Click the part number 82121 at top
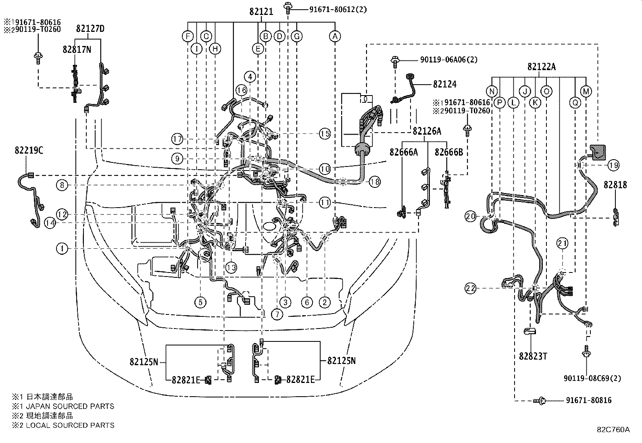pos(261,12)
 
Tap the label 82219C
pos(29,150)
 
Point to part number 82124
pos(444,84)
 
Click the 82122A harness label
pos(541,67)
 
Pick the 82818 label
pos(615,185)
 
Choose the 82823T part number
pos(533,356)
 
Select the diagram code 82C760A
pos(613,429)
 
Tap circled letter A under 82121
pos(335,37)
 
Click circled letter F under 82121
pos(188,37)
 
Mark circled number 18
pos(375,182)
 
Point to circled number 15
pos(325,133)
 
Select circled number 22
pos(470,288)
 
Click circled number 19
pos(614,165)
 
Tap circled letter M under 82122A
pos(586,92)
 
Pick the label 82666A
pos(403,152)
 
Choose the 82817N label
pos(77,49)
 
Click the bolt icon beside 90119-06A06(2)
pos(394,61)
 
